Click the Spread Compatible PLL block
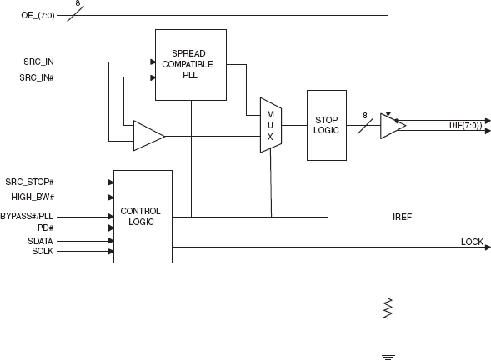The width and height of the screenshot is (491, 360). point(191,64)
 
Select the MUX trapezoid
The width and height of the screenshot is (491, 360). point(271,126)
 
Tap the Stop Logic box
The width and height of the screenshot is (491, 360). point(326,124)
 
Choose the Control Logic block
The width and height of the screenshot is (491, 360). point(142,217)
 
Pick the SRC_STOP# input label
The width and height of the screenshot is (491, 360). point(51,181)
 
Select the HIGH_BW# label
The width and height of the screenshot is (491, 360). point(48,197)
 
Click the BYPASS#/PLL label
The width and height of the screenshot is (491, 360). point(53,216)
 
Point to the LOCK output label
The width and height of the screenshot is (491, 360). point(472,242)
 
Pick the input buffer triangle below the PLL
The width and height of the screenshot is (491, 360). point(148,136)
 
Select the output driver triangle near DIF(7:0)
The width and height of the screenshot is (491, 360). point(392,125)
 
